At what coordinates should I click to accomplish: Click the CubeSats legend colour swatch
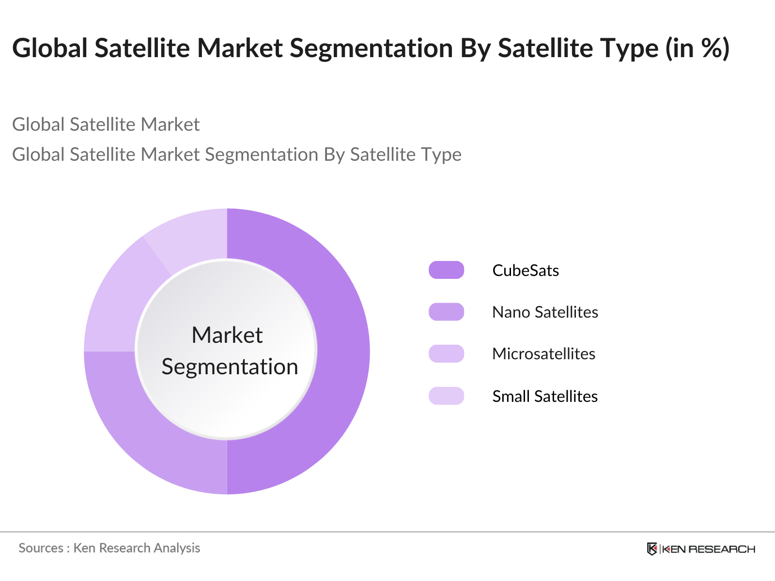[x=446, y=270]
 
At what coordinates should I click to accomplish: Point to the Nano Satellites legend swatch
[x=446, y=312]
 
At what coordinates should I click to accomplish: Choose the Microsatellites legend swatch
[x=446, y=354]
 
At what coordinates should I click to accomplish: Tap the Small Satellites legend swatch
[x=446, y=396]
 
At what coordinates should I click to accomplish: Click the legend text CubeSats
[x=526, y=270]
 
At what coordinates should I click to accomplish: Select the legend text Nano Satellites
[x=545, y=312]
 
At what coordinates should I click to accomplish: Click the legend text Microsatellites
[x=543, y=354]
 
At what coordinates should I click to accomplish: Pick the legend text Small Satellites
[x=545, y=396]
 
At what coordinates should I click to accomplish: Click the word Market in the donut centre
[x=227, y=335]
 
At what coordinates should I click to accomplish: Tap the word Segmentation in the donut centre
[x=230, y=367]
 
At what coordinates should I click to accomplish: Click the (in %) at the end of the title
[x=697, y=48]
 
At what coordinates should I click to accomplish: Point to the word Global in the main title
[x=50, y=48]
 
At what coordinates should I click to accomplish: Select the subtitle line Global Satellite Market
[x=106, y=124]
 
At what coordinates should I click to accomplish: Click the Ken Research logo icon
[x=652, y=549]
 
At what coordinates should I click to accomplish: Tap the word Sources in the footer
[x=41, y=548]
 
